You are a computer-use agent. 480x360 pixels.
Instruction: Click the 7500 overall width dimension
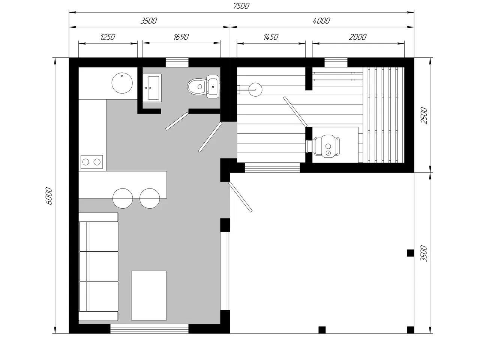(241, 6)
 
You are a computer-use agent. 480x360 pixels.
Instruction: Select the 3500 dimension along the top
(149, 21)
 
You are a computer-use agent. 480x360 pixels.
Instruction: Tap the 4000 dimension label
(321, 21)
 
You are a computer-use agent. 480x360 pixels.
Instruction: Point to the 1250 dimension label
(108, 37)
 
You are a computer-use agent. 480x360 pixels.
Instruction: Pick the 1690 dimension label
(181, 37)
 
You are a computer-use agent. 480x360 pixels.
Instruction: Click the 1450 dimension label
(271, 37)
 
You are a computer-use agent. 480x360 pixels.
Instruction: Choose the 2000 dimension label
(357, 37)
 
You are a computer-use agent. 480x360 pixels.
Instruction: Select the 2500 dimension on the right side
(424, 116)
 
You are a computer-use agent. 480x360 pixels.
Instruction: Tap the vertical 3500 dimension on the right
(424, 253)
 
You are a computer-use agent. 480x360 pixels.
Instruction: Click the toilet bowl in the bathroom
(203, 87)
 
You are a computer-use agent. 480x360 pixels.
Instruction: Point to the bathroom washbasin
(152, 88)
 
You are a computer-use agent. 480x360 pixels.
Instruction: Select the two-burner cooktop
(91, 162)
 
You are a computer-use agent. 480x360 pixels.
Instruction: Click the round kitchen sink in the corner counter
(122, 83)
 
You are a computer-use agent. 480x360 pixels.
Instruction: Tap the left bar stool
(123, 198)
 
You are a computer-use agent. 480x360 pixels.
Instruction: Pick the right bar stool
(150, 198)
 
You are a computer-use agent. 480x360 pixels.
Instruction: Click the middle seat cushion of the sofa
(99, 266)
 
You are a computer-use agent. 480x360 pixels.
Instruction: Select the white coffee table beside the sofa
(149, 296)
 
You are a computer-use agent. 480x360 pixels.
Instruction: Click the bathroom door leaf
(177, 121)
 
